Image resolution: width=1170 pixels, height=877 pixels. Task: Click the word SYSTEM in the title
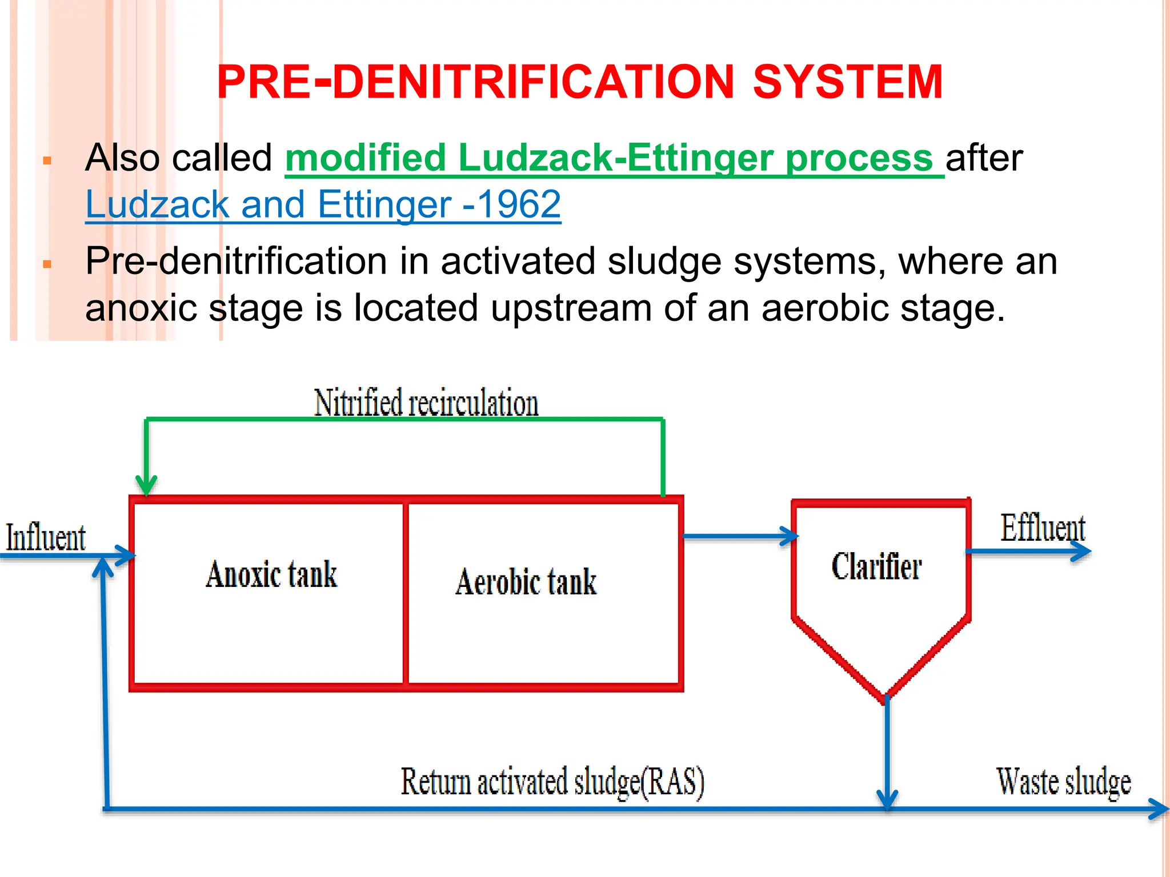(848, 82)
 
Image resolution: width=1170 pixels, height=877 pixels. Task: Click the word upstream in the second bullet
(571, 308)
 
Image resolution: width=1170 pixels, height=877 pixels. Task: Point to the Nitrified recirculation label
(426, 403)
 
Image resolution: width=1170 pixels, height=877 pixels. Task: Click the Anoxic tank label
(271, 574)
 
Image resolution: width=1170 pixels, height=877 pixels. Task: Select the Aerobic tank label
(526, 582)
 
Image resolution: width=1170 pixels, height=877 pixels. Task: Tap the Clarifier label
(876, 567)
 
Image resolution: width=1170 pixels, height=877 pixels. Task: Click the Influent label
(46, 538)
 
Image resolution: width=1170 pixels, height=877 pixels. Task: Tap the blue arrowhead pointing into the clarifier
(791, 536)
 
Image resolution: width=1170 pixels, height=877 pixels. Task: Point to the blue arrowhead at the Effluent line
(1082, 551)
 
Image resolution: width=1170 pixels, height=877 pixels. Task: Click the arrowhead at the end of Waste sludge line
(1160, 808)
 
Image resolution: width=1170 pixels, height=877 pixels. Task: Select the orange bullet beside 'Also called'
(47, 161)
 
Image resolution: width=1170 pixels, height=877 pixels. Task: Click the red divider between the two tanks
(406, 593)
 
